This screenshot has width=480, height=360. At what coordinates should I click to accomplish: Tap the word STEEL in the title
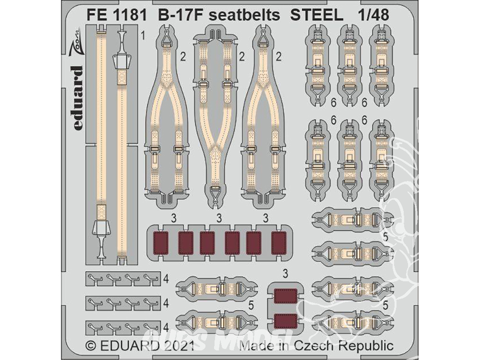click(x=317, y=15)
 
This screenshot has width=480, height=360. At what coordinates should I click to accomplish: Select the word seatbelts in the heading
click(x=243, y=15)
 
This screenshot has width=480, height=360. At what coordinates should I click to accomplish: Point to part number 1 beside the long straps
click(x=143, y=36)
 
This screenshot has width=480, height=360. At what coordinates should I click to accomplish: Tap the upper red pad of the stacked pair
click(x=286, y=296)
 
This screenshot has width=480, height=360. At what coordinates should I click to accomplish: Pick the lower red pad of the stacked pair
click(x=286, y=321)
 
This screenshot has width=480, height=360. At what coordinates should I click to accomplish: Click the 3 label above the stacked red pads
click(x=285, y=274)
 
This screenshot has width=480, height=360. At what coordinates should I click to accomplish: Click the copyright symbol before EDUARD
click(x=90, y=346)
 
